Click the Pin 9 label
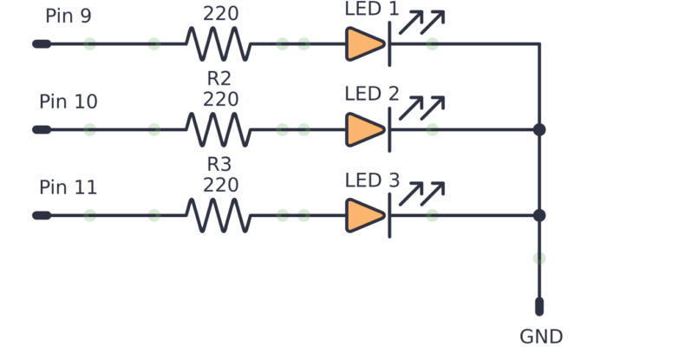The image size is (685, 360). pos(68,16)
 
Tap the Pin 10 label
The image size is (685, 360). pos(68,102)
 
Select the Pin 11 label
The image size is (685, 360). pos(68,188)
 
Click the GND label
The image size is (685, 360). pos(541,337)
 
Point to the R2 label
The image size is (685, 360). pos(219,79)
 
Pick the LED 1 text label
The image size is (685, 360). pos(372,10)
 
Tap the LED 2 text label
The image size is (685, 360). pos(372,94)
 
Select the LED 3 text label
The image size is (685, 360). pos(372,180)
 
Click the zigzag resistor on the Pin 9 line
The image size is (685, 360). pos(219,43)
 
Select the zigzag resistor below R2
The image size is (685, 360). pos(219,129)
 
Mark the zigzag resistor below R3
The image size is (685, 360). pos(219,215)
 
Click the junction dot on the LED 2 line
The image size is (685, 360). pos(539,129)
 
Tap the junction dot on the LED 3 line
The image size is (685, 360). pos(539,215)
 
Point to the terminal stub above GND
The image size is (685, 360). pos(539,306)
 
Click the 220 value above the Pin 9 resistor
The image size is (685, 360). pos(220,14)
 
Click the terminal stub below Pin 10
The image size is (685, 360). pos(41,129)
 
